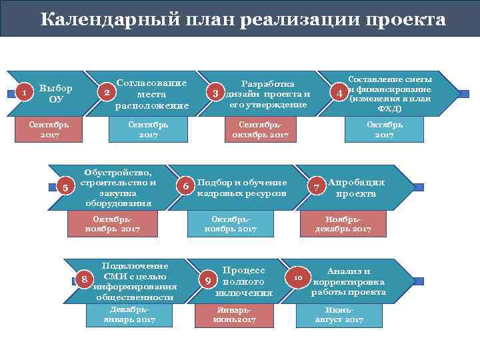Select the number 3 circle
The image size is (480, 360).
pyautogui.click(x=215, y=93)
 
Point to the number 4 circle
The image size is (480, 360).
pyautogui.click(x=340, y=93)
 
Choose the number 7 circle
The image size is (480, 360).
pyautogui.click(x=316, y=187)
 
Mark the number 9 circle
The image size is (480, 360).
pyautogui.click(x=208, y=281)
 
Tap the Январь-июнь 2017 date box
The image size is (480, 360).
pyautogui.click(x=234, y=315)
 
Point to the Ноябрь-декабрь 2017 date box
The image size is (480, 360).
pyautogui.click(x=343, y=224)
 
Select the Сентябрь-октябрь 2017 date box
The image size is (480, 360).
pyautogui.click(x=260, y=129)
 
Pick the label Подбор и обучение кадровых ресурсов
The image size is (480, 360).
pyautogui.click(x=242, y=188)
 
